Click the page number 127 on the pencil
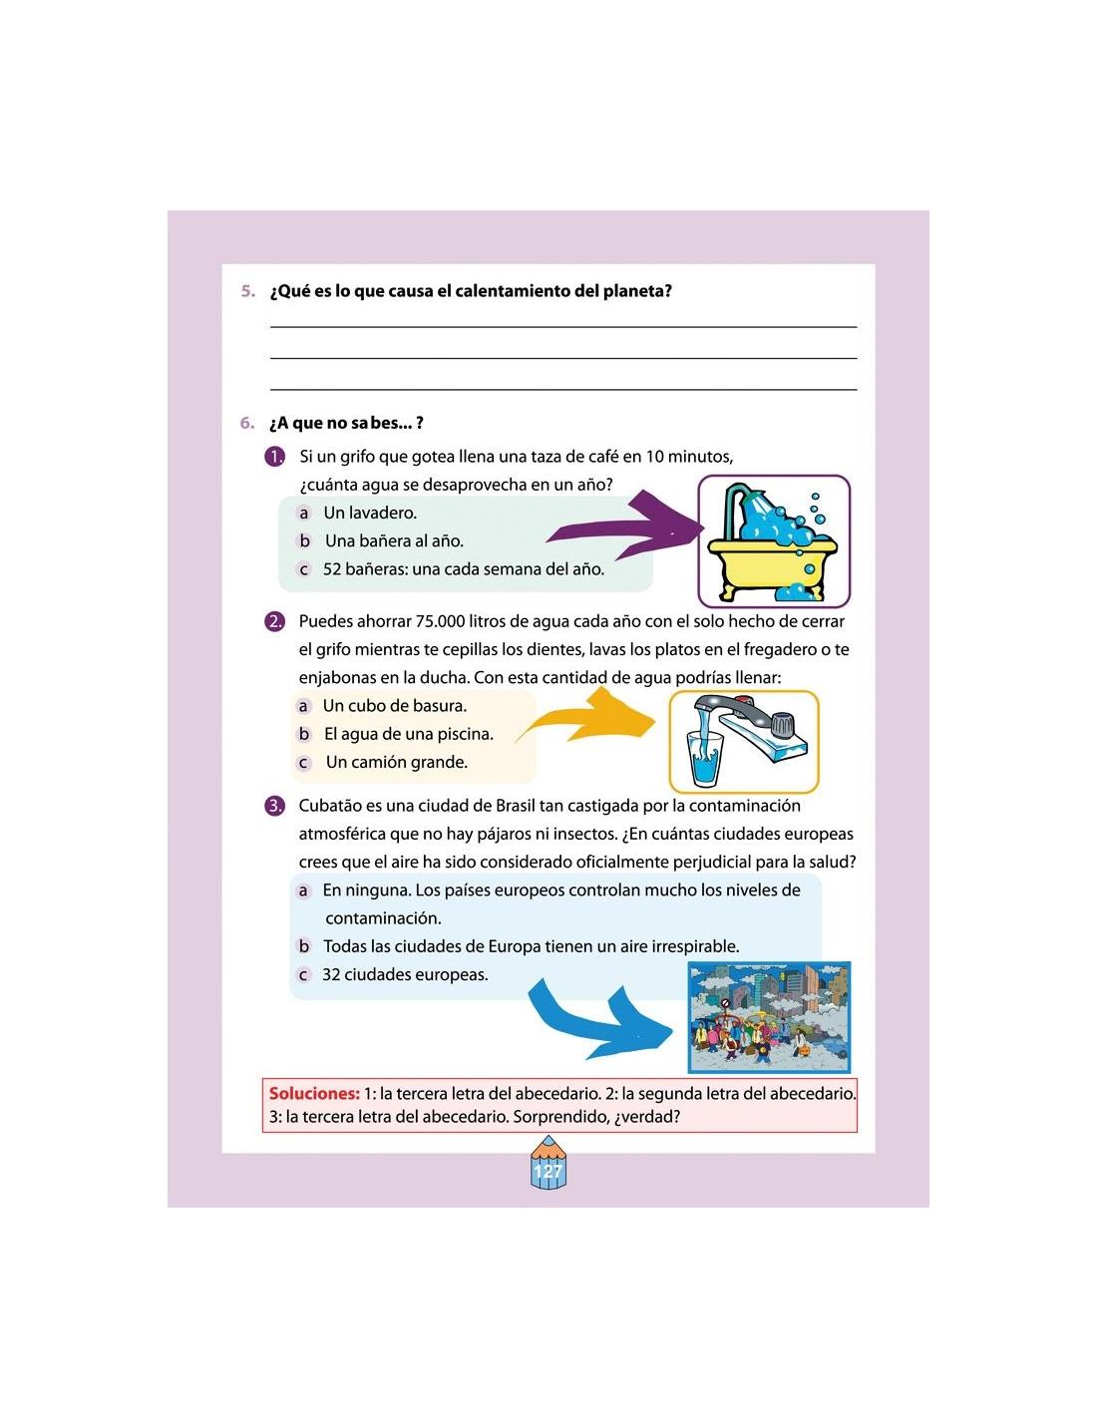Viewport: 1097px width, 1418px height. click(547, 1172)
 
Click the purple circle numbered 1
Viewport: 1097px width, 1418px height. click(274, 457)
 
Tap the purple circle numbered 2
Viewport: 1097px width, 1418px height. click(274, 621)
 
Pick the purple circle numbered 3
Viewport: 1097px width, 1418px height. click(274, 806)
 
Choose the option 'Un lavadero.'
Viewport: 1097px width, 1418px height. click(370, 513)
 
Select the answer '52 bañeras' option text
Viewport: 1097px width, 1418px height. click(464, 569)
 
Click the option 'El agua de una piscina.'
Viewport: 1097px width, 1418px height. click(409, 734)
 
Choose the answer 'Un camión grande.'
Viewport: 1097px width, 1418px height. click(397, 762)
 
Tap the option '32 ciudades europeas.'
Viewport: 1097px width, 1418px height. click(405, 975)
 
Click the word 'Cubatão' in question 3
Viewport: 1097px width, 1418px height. click(329, 806)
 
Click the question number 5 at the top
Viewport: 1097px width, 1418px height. click(247, 291)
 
